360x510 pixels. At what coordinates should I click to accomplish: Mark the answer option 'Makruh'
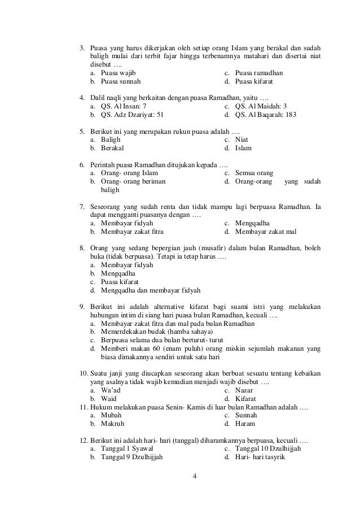(112, 424)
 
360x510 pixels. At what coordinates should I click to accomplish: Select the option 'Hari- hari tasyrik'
(260, 457)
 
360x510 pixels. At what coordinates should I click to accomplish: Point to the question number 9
(81, 307)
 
